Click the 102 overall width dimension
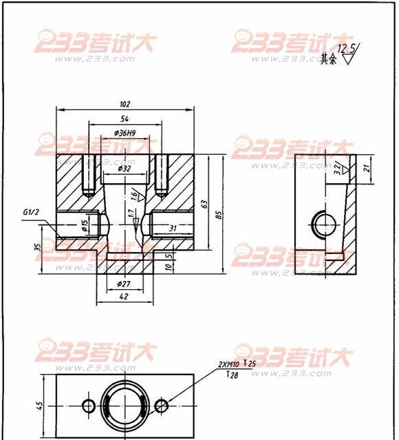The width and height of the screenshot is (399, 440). [x=125, y=105]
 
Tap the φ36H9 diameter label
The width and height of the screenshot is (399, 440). [x=125, y=133]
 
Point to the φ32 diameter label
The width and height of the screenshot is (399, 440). [x=125, y=168]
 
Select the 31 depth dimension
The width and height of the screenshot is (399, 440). [x=173, y=228]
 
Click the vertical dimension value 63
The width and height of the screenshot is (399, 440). [x=204, y=204]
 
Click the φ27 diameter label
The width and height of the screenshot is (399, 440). [x=125, y=284]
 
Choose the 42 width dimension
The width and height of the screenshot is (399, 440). [x=125, y=297]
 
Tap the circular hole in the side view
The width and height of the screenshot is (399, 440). [x=323, y=223]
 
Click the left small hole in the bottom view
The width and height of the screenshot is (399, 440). [x=88, y=404]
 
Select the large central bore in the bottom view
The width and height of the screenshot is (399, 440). [x=125, y=404]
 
